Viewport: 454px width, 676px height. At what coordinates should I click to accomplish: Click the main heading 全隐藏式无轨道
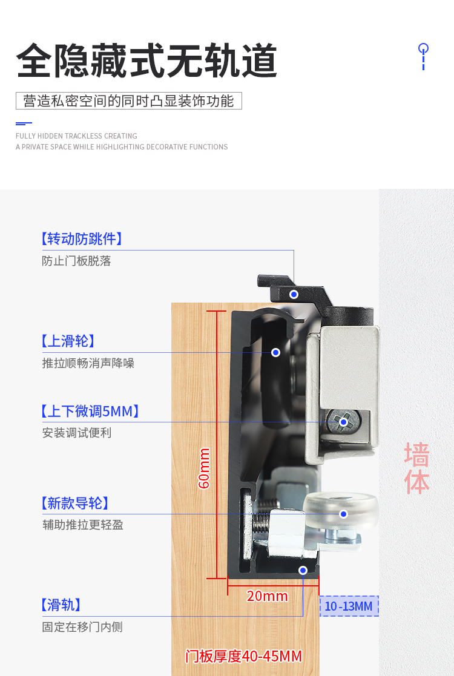coord(146,61)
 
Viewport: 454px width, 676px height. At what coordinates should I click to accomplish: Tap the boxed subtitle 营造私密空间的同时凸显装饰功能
coord(128,101)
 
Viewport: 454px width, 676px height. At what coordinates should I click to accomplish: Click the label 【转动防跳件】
coord(82,239)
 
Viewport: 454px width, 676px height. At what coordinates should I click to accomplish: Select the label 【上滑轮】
coord(68,341)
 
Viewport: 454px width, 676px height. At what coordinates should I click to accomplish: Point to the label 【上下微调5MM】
coord(90,412)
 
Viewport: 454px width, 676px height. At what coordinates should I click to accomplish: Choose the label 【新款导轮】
coord(75,503)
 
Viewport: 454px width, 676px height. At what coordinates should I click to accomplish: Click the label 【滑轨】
coord(61,605)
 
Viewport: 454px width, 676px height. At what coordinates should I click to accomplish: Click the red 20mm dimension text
coord(267,596)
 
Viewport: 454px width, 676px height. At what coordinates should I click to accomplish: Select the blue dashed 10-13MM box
coord(349,606)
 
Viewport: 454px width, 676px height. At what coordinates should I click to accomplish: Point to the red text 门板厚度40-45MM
coord(243,656)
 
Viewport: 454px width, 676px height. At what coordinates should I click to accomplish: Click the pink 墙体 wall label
coord(416,468)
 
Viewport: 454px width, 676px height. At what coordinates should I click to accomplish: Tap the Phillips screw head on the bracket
coord(344,422)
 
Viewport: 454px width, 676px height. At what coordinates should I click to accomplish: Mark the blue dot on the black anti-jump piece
coord(294,295)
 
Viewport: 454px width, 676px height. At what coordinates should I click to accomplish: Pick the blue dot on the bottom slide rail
coord(303,570)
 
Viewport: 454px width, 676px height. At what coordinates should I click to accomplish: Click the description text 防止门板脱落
coord(76,261)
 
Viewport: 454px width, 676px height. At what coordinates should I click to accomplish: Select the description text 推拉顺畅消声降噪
coord(88,363)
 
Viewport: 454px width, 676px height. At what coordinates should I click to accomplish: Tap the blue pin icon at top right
coord(423,56)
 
